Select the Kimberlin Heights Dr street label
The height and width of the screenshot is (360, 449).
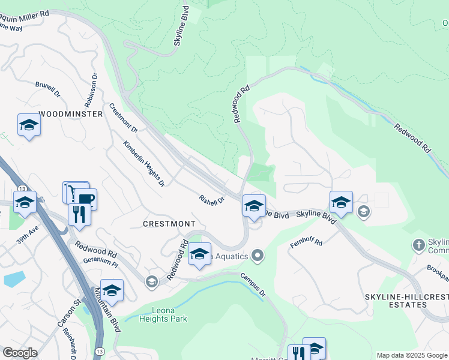[x=144, y=163]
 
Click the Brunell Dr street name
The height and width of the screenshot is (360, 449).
[x=48, y=90]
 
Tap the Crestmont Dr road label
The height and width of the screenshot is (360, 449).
[x=124, y=118]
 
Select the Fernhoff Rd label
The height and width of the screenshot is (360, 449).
[x=307, y=243]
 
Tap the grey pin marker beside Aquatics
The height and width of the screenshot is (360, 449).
[x=258, y=256]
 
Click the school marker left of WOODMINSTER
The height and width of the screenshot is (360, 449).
[x=28, y=125]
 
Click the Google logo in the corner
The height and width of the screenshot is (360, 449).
[x=20, y=353]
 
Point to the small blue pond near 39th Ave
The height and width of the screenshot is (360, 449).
[x=14, y=279]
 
